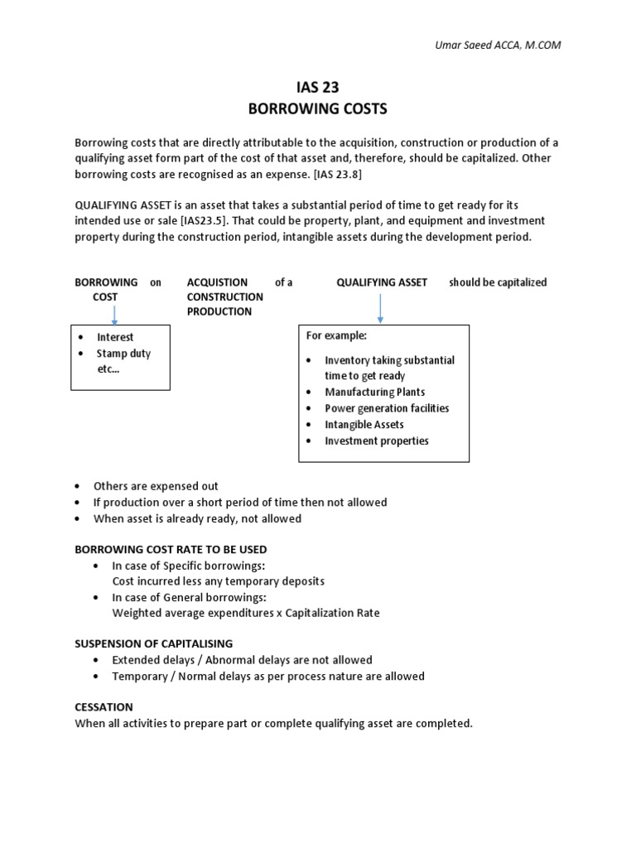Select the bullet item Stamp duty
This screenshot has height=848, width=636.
click(123, 354)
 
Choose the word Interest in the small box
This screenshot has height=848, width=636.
click(115, 337)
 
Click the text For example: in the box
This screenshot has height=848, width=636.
click(336, 335)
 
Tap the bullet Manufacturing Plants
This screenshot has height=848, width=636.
click(375, 392)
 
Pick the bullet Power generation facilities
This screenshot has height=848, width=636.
click(387, 408)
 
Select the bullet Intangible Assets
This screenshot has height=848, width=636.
click(364, 424)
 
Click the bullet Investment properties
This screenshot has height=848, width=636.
click(377, 441)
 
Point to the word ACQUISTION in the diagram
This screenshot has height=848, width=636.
click(217, 282)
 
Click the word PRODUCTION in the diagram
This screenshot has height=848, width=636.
click(219, 311)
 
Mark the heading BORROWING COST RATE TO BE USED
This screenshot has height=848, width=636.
click(171, 549)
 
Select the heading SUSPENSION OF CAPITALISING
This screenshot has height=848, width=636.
click(154, 643)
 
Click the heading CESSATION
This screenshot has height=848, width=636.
click(104, 706)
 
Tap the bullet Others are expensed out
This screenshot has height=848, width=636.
click(156, 486)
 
